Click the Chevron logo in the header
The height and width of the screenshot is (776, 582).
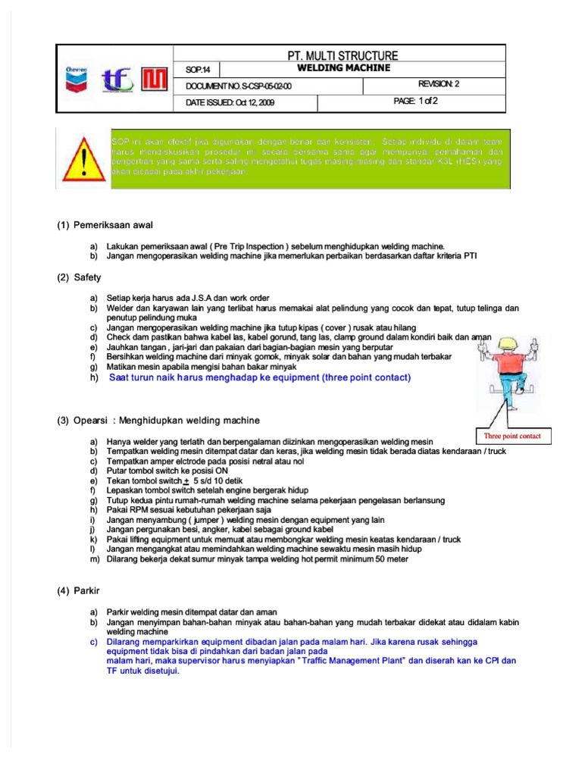click(x=77, y=78)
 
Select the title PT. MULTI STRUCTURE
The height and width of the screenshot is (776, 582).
click(x=339, y=55)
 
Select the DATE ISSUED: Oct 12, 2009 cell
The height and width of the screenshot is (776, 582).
click(x=229, y=102)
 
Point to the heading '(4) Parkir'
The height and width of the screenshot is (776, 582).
click(x=82, y=589)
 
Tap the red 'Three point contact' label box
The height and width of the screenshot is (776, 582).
click(x=513, y=436)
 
